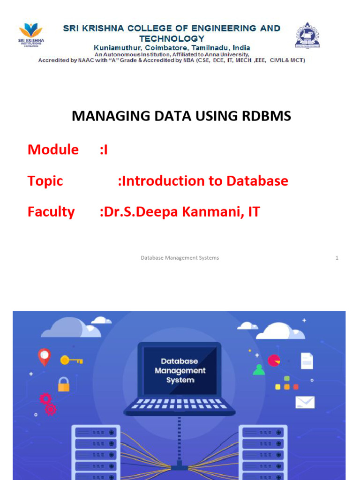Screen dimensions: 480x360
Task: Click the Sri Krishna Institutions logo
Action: click(31, 34)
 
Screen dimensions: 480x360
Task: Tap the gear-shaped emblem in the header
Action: click(307, 35)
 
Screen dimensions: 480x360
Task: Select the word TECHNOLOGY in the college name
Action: click(172, 38)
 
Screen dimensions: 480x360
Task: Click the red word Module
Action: click(53, 150)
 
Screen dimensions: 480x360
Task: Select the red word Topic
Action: click(45, 181)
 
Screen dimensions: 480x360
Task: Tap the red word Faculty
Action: click(51, 212)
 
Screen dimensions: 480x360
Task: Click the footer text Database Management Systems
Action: click(180, 258)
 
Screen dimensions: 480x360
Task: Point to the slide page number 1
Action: click(337, 258)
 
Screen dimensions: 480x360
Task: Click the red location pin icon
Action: click(44, 357)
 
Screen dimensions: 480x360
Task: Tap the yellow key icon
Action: click(71, 360)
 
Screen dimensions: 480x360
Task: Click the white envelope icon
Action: click(305, 402)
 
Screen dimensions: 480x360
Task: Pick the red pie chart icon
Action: click(274, 360)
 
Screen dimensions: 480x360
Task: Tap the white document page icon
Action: click(307, 360)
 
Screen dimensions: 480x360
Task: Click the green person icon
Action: click(259, 370)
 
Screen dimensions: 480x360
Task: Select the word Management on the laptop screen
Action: click(180, 370)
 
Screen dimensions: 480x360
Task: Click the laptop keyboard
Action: click(180, 404)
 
